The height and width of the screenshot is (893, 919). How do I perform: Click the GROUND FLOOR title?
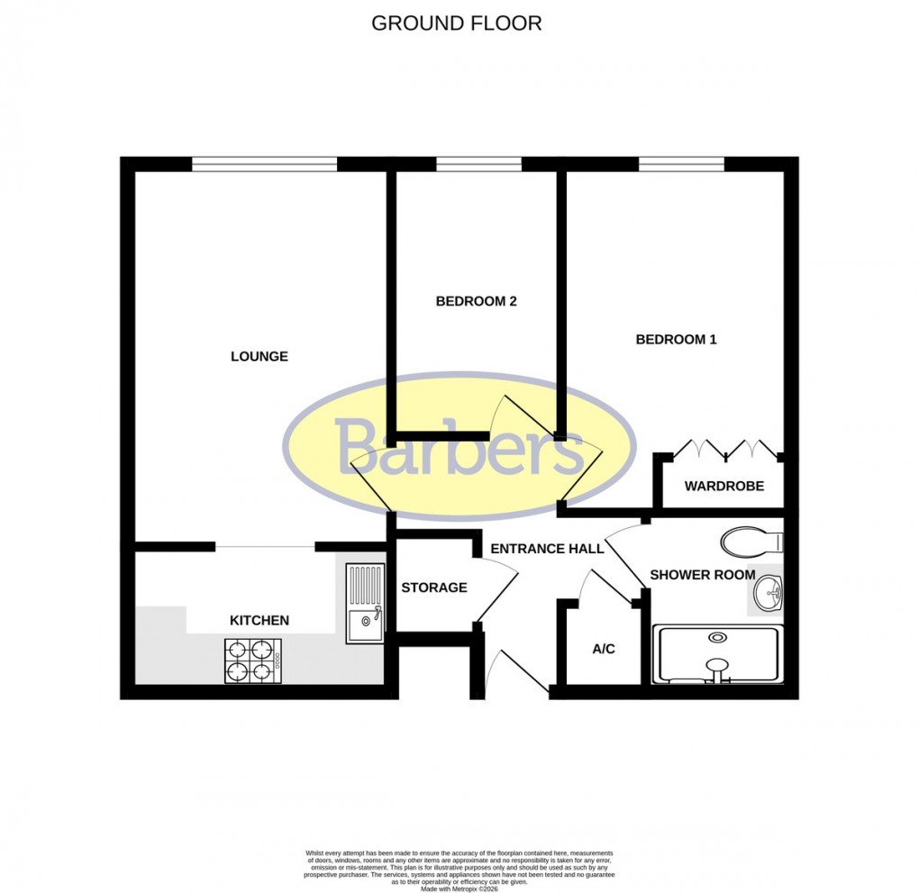[457, 23]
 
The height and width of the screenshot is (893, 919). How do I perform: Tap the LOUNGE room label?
[259, 357]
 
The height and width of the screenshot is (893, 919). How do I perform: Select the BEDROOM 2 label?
[476, 302]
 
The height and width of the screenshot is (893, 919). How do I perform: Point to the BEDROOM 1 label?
[676, 340]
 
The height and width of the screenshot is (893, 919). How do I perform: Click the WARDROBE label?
[723, 487]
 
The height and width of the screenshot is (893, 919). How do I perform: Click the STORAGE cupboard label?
[434, 588]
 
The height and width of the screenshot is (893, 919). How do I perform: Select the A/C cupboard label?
[604, 649]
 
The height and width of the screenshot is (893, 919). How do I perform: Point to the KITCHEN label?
[259, 620]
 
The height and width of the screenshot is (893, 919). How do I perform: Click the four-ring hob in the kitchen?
[252, 661]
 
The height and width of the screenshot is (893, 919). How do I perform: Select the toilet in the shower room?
[751, 542]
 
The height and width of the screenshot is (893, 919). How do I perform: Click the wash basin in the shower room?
[767, 592]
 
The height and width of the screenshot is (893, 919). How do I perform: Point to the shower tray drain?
[717, 638]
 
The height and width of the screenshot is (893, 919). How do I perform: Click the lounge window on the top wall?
[263, 164]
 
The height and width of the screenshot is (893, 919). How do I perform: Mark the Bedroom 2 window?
[478, 164]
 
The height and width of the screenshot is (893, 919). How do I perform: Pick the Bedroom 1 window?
[681, 164]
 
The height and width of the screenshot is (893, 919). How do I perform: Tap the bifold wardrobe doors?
[725, 448]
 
